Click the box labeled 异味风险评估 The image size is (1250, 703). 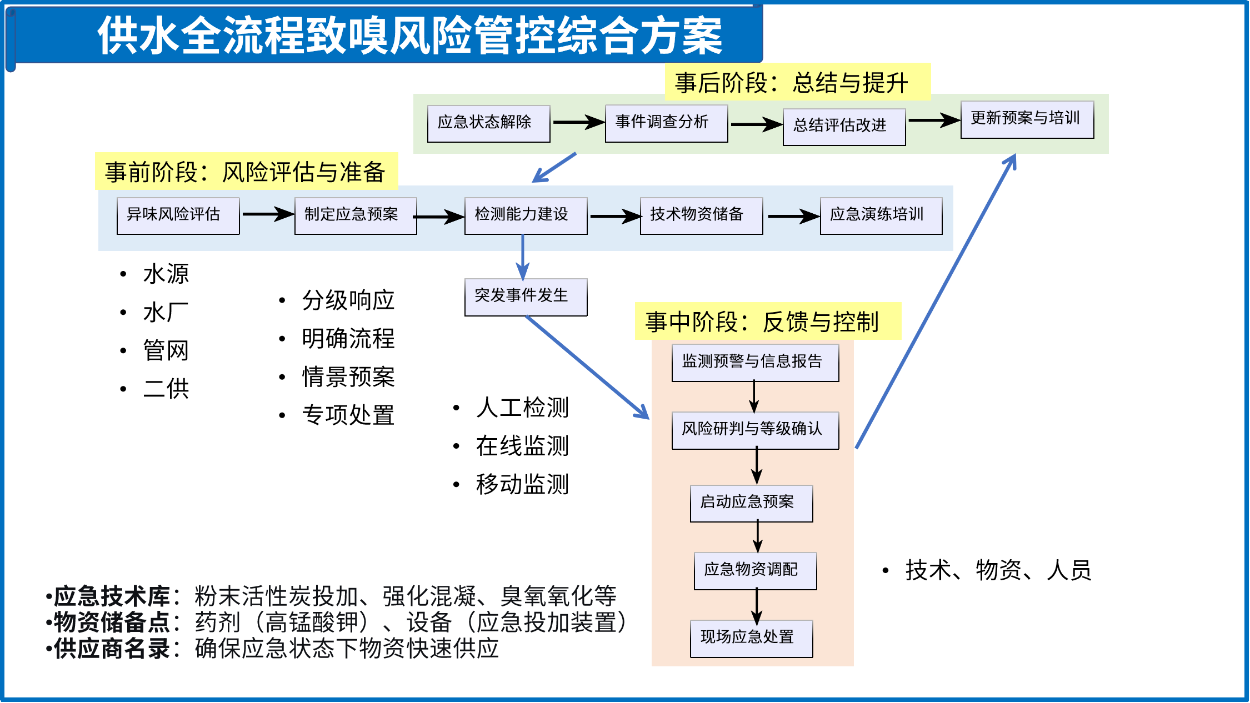coord(178,215)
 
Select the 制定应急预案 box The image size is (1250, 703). coord(356,215)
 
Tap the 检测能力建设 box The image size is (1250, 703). coord(526,215)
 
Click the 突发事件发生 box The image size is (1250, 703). coord(526,297)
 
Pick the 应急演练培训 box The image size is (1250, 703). coord(881,215)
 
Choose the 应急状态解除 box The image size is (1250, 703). coord(488,123)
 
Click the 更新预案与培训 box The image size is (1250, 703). coord(1027,119)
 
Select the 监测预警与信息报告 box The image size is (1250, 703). coord(755,363)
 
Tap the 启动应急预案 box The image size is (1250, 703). coord(751,503)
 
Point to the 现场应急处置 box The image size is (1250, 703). coord(751,638)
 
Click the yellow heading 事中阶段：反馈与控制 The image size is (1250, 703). coord(768,322)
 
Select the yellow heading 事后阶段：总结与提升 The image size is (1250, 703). coord(797,83)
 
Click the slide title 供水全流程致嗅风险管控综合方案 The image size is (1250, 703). coord(410,36)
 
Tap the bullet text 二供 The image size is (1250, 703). coord(166,389)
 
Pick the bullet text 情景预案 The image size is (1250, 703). coord(348,377)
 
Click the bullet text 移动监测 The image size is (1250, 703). coord(522,484)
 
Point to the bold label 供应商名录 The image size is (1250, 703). coord(112,648)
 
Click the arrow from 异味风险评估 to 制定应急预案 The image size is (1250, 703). coord(267,214)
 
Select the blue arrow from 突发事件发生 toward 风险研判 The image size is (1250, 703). coord(587,367)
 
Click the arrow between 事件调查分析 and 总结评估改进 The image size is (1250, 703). coord(756,124)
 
